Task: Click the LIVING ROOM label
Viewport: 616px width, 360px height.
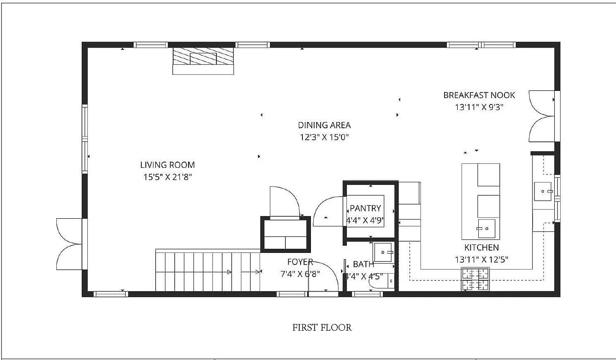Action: pyautogui.click(x=167, y=165)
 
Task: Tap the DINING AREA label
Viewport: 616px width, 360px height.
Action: pyautogui.click(x=324, y=125)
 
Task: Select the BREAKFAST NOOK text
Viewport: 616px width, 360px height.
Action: pyautogui.click(x=479, y=95)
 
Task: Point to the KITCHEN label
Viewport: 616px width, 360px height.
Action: pyautogui.click(x=481, y=247)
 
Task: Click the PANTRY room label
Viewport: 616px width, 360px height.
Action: pyautogui.click(x=365, y=208)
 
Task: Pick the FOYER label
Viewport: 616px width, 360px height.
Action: pyautogui.click(x=300, y=262)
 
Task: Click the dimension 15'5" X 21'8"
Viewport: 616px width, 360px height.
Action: pyautogui.click(x=167, y=177)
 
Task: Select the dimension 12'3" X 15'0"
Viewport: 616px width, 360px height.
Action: pyautogui.click(x=324, y=137)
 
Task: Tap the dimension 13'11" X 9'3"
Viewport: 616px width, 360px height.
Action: pyautogui.click(x=479, y=107)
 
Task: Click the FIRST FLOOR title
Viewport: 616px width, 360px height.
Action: pyautogui.click(x=322, y=328)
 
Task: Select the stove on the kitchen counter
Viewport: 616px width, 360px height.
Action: pyautogui.click(x=476, y=279)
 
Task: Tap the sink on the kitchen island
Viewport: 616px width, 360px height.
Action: pyautogui.click(x=486, y=228)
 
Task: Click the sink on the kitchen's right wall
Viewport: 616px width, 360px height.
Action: pyautogui.click(x=545, y=192)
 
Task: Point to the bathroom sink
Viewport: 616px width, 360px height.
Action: pyautogui.click(x=383, y=252)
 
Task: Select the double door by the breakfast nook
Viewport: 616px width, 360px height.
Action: pyautogui.click(x=542, y=116)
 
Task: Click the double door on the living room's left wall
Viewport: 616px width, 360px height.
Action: pyautogui.click(x=69, y=244)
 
